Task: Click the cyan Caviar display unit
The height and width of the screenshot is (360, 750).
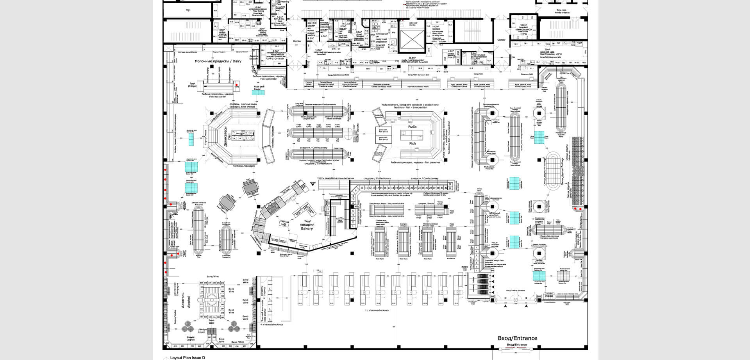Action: click(258, 93)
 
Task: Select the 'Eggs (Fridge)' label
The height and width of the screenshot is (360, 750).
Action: click(192, 84)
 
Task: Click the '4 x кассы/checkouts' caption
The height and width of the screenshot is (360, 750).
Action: click(271, 324)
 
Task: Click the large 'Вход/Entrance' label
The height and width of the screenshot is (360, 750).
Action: click(517, 338)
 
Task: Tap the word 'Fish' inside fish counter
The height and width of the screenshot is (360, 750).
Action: click(412, 143)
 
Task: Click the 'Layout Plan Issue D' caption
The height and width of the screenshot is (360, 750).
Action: click(187, 357)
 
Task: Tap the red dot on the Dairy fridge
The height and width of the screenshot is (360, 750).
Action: click(236, 84)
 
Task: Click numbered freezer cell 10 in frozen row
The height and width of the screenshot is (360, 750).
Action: click(362, 188)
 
